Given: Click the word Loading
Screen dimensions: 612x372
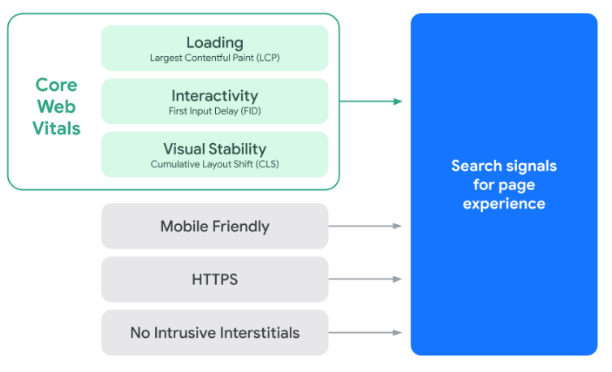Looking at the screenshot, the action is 214,43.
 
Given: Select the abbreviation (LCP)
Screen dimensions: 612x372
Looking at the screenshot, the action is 268,58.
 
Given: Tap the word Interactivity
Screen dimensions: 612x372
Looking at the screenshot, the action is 214,96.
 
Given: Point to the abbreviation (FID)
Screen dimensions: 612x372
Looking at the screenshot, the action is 251,111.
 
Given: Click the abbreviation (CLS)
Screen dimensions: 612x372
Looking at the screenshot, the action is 267,164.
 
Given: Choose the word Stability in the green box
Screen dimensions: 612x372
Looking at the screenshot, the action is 237,149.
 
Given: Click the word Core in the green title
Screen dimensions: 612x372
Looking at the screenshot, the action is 57,84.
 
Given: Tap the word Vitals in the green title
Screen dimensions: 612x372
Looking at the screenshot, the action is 57,128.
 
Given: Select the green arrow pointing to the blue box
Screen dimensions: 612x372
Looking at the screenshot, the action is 371,102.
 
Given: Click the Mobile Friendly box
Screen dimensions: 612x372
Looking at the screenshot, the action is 214,226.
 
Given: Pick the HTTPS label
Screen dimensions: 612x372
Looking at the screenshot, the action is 214,279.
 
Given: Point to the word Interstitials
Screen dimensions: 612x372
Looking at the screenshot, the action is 260,333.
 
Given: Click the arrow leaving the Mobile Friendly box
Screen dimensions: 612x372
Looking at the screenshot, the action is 365,226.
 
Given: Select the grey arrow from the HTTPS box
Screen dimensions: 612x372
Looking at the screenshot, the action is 365,279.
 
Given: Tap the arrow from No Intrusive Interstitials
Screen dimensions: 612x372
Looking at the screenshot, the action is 365,332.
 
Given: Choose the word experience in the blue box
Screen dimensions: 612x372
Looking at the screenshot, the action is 504,204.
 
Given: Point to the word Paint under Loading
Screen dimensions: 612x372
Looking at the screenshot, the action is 243,58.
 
